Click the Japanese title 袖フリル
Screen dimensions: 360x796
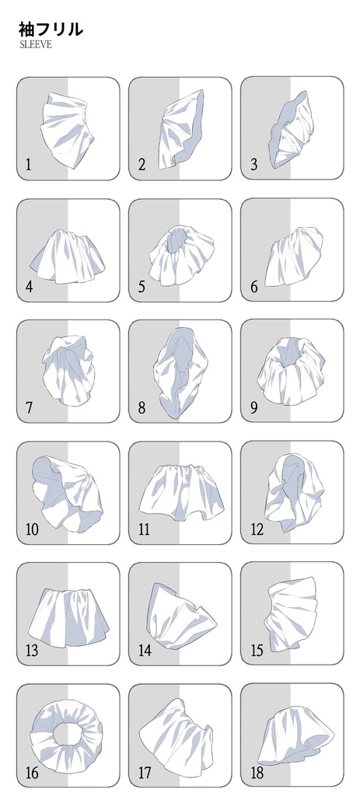point(51,29)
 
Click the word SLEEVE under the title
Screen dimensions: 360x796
point(35,44)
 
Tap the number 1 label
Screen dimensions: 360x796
point(28,165)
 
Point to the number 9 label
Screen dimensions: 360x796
point(254,407)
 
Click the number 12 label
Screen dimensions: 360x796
point(257,529)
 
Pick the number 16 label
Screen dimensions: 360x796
point(31,773)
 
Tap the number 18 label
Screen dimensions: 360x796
point(257,773)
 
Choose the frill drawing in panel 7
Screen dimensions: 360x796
point(68,370)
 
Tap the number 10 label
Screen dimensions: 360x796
point(31,529)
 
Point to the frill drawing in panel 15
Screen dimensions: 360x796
point(292,614)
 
